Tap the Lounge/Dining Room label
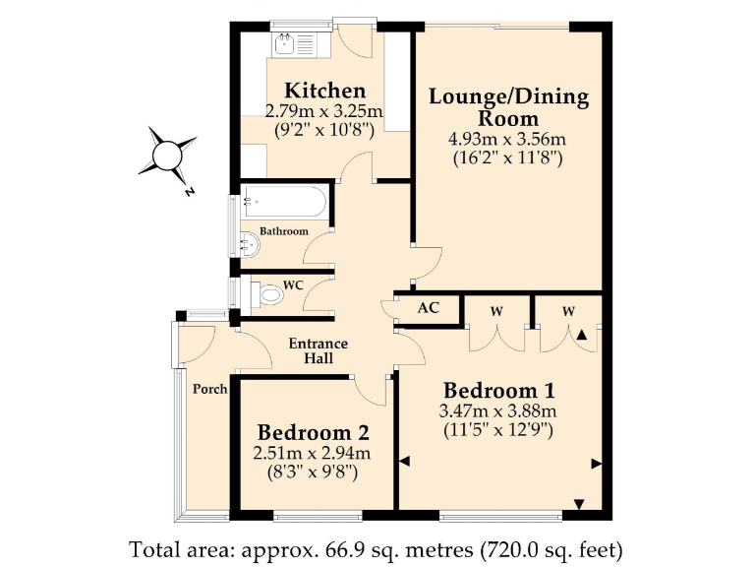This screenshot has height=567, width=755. pyautogui.click(x=508, y=106)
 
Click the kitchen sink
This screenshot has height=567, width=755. pyautogui.click(x=287, y=43)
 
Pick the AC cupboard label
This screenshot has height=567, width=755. pyautogui.click(x=428, y=308)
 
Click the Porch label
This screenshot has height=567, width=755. pyautogui.click(x=210, y=389)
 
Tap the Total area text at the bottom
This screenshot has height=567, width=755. pyautogui.click(x=377, y=547)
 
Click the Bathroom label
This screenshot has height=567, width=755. pyautogui.click(x=283, y=231)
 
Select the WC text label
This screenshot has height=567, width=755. pyautogui.click(x=292, y=285)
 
